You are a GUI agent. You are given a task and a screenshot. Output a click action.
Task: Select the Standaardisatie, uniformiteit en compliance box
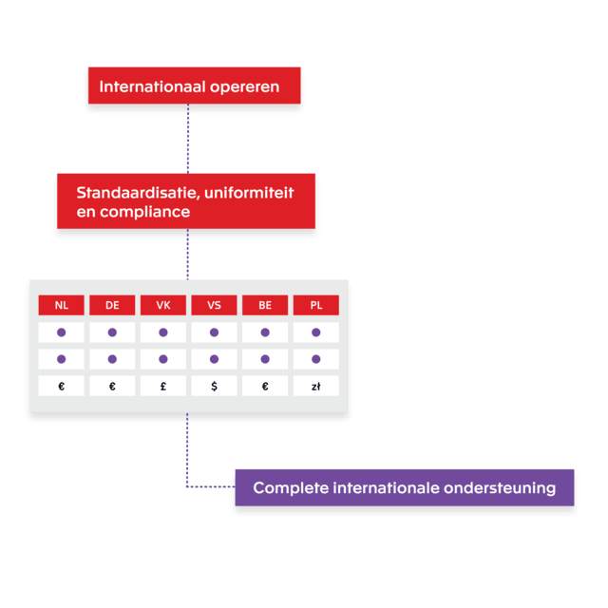(x=184, y=201)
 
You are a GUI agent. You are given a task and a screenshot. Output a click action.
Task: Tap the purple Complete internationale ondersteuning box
(x=404, y=488)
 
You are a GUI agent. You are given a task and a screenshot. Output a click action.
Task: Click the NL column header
(x=62, y=305)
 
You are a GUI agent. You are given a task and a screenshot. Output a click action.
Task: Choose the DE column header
(x=112, y=305)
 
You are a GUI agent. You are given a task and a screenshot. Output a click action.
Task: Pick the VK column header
(x=163, y=305)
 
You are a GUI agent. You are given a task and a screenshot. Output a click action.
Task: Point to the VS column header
(x=214, y=305)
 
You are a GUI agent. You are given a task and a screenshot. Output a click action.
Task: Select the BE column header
(x=265, y=305)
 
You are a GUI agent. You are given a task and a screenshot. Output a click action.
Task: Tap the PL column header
(x=316, y=305)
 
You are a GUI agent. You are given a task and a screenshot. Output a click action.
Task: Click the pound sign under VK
(x=163, y=387)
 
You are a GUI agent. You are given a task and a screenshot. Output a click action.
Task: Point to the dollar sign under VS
(x=214, y=387)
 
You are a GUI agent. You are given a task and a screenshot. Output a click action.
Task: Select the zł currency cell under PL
(x=316, y=387)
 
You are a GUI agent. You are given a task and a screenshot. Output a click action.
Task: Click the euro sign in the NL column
(x=62, y=387)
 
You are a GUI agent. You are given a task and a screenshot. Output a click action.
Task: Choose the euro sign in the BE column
(x=265, y=387)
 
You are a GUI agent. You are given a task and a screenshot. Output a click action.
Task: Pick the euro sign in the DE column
(x=112, y=387)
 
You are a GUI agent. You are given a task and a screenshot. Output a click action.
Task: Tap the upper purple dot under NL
(x=62, y=332)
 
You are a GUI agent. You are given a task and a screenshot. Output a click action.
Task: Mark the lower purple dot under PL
(x=316, y=359)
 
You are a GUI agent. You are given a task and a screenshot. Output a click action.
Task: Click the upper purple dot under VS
(x=214, y=332)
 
